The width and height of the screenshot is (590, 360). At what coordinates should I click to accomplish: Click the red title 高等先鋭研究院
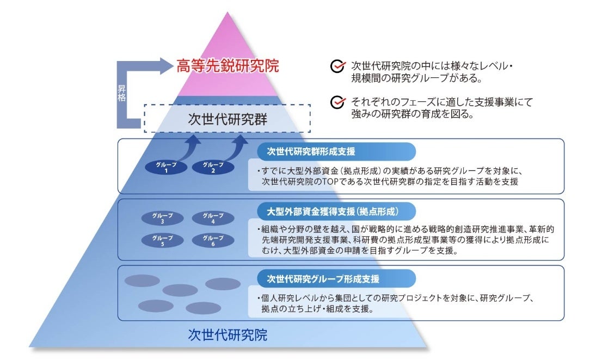coord(228,66)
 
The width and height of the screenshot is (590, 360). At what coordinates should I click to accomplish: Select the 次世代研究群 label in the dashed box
coord(228,118)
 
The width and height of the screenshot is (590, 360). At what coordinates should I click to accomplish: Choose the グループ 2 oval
coord(213,167)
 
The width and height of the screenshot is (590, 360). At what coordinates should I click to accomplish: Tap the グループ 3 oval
coord(162,218)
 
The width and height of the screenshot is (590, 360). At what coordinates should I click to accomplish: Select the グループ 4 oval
coord(213,218)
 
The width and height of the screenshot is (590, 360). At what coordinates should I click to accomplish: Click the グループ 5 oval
coord(162,241)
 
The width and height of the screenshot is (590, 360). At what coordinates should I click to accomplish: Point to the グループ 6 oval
coord(213,241)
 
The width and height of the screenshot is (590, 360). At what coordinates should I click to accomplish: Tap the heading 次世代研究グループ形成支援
coord(323,278)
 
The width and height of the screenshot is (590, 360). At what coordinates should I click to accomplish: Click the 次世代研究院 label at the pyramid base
coord(228,334)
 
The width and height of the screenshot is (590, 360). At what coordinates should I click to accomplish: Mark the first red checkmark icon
coord(338,66)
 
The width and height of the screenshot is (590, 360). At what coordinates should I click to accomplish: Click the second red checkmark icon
coord(338,102)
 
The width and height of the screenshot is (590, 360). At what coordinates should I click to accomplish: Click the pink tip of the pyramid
coord(228,38)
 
